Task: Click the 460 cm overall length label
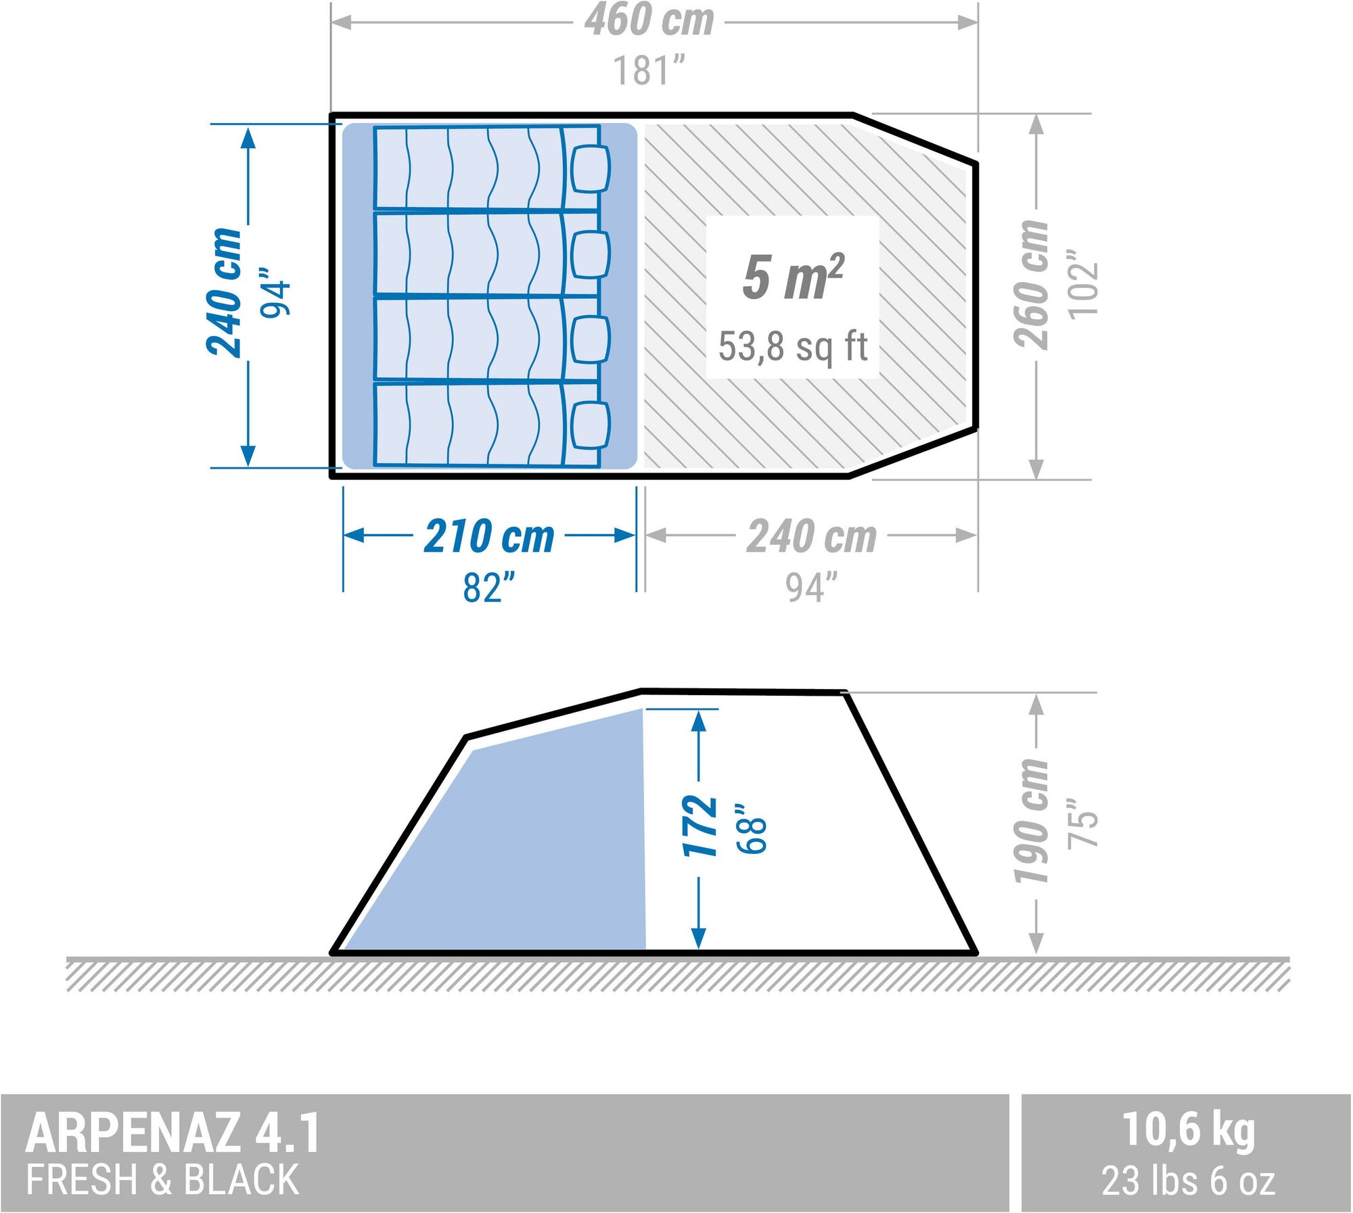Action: click(649, 20)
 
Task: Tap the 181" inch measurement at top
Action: click(649, 70)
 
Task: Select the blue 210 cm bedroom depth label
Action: click(489, 537)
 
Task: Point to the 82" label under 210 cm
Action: click(489, 587)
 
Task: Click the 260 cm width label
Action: click(1030, 285)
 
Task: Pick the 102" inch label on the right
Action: click(1082, 283)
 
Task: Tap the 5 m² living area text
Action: click(793, 277)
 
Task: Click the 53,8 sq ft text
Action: click(793, 346)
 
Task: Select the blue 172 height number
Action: click(700, 826)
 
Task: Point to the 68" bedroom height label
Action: click(752, 828)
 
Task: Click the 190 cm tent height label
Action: click(1030, 821)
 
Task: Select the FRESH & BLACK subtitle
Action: click(162, 1180)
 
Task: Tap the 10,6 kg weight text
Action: click(1188, 1130)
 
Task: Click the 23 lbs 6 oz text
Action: click(1188, 1181)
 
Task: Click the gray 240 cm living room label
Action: click(812, 537)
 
